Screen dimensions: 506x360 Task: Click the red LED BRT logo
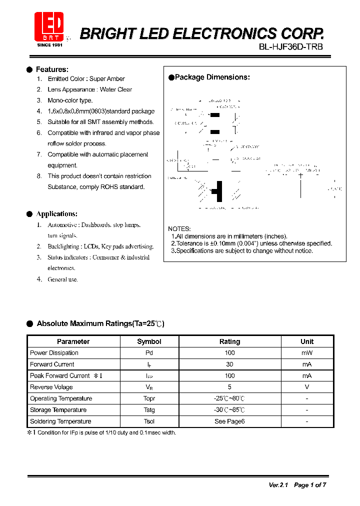(49, 26)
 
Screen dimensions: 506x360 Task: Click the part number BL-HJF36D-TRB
(291, 46)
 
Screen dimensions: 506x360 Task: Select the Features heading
(52, 69)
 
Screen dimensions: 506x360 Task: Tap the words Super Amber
(107, 79)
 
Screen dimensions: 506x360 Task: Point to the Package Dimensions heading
(212, 77)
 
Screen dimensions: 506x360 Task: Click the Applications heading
(56, 214)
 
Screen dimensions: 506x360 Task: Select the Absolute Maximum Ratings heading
(100, 324)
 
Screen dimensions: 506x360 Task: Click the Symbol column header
(149, 341)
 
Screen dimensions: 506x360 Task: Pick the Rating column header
(229, 341)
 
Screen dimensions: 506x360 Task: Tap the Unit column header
(307, 341)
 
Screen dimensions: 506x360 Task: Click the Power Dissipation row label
(54, 353)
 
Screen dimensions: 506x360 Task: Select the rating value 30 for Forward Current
(229, 364)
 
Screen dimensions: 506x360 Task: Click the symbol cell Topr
(149, 398)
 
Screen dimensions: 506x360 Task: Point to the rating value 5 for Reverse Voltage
(229, 387)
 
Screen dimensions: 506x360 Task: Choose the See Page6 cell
(229, 421)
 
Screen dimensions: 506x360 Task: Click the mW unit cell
(307, 353)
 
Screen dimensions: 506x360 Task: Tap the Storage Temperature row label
(58, 410)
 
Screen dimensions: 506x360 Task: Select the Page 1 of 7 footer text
(310, 485)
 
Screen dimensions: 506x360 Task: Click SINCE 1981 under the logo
(49, 45)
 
